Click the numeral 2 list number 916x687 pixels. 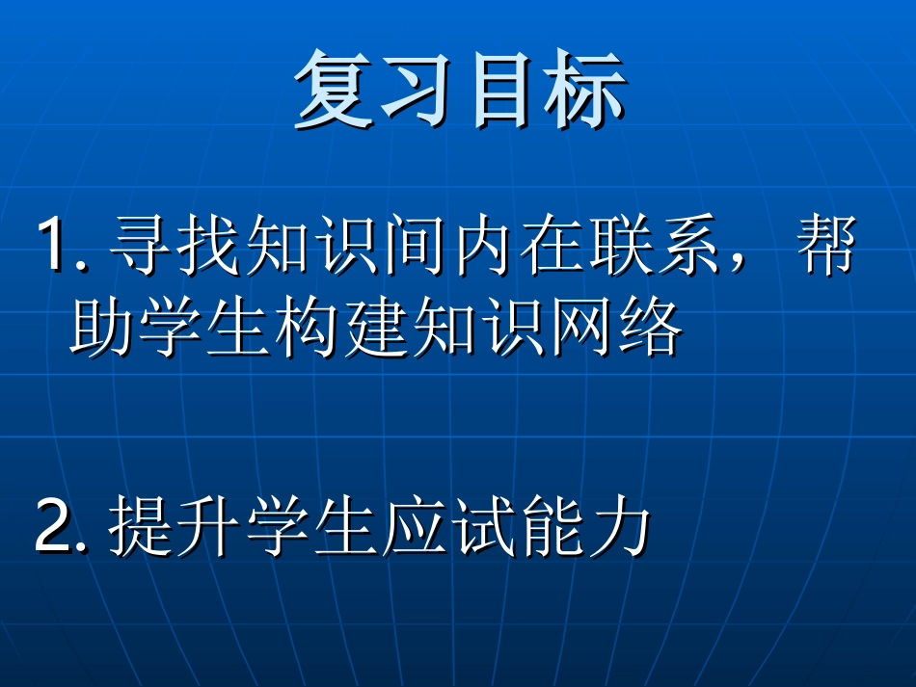(x=52, y=529)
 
